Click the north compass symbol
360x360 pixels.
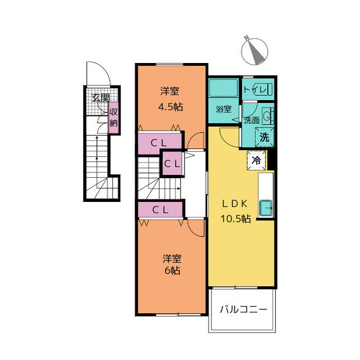pyautogui.click(x=254, y=51)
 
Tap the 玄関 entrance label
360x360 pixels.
pyautogui.click(x=101, y=98)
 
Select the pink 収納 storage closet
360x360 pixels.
pyautogui.click(x=114, y=118)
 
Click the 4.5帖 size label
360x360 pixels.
pyautogui.click(x=170, y=107)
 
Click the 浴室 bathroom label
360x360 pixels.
pyautogui.click(x=223, y=109)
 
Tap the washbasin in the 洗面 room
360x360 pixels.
pyautogui.click(x=268, y=115)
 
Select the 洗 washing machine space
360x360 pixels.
pyautogui.click(x=264, y=137)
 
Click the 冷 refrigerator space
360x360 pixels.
pyautogui.click(x=256, y=160)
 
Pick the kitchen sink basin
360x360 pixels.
pyautogui.click(x=266, y=208)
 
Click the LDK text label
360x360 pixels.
pyautogui.click(x=235, y=204)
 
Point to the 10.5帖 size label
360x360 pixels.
pyautogui.click(x=236, y=219)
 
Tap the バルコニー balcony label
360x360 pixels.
pyautogui.click(x=244, y=309)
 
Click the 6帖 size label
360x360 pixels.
pyautogui.click(x=172, y=271)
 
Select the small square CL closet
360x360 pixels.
pyautogui.click(x=172, y=164)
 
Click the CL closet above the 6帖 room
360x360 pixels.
pyautogui.click(x=160, y=209)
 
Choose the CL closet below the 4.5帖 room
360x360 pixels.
pyautogui.click(x=160, y=143)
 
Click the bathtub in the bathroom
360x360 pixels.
pyautogui.click(x=224, y=88)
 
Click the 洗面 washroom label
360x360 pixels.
pyautogui.click(x=251, y=120)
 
